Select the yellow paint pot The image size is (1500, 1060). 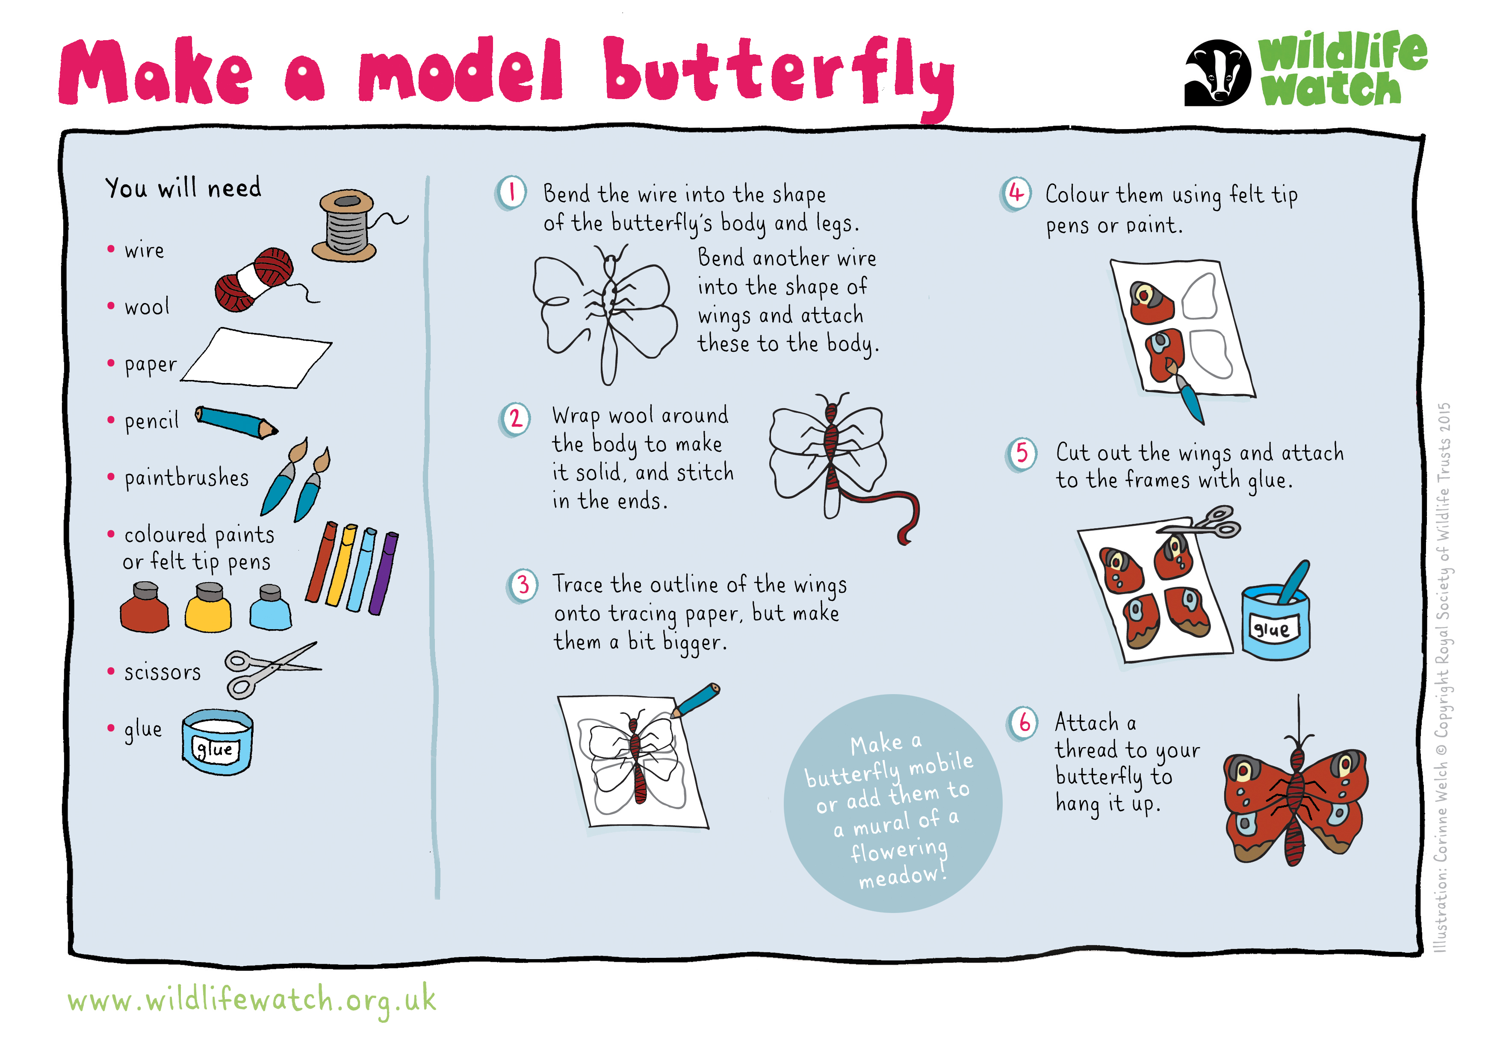coord(208,607)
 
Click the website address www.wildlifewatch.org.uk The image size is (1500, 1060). coord(251,1000)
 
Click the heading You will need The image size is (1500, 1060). coord(183,188)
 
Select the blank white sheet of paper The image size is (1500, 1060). coord(256,358)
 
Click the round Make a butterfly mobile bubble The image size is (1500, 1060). coord(893,803)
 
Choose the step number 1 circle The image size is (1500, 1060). coord(511,193)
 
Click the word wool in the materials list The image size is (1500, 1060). coord(147,306)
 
